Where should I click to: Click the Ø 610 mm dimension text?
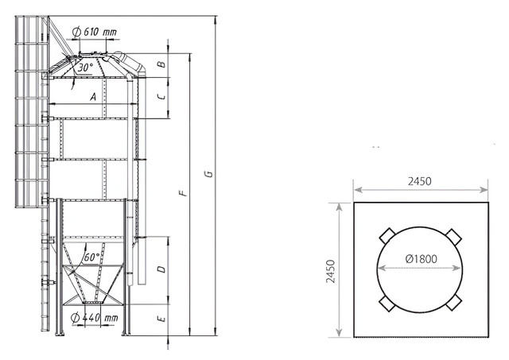[95, 32]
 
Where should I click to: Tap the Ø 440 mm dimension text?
[95, 318]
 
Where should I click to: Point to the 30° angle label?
[85, 68]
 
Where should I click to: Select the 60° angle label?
[91, 257]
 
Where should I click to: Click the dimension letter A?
[93, 97]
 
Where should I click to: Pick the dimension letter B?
[161, 64]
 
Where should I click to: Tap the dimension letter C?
[161, 96]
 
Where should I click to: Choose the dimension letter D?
[161, 269]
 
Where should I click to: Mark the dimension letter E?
[161, 319]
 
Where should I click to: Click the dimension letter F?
[184, 193]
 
